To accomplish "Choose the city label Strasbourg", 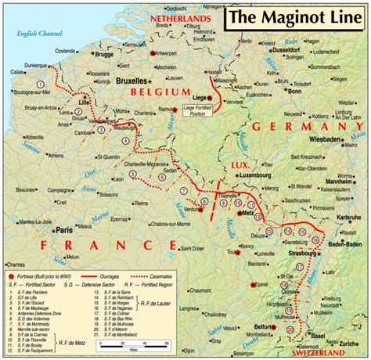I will (x=301, y=252).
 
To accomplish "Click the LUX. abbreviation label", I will (x=239, y=165).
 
